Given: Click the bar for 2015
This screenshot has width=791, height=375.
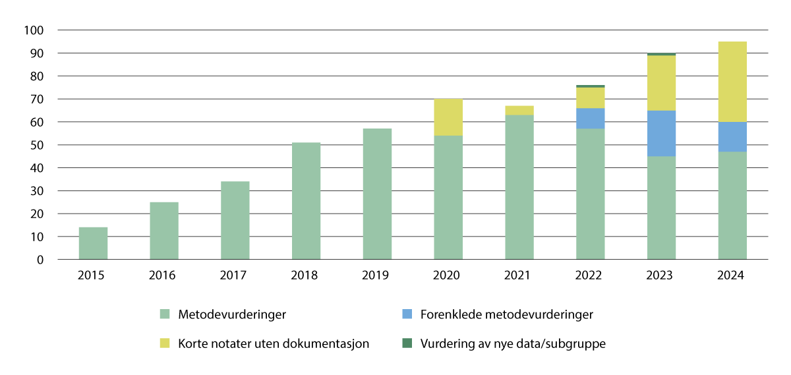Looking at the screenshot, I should tap(93, 243).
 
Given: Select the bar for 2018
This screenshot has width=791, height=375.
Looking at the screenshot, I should tap(307, 201).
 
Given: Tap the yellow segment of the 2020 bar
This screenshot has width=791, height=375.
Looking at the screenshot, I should tap(448, 117).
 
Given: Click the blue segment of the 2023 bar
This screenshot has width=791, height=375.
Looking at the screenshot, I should tap(661, 133).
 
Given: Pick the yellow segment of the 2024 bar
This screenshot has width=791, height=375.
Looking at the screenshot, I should tap(732, 82).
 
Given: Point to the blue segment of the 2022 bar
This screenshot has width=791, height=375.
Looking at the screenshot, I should tap(590, 119).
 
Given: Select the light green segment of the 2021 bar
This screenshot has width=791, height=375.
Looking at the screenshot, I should tap(519, 187).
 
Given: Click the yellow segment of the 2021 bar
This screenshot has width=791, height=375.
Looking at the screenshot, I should tap(519, 110).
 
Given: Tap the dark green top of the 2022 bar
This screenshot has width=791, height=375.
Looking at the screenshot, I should tap(590, 86).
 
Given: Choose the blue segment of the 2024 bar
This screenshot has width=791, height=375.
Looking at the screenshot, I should tap(732, 136).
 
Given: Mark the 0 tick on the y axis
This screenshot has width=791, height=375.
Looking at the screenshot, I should tap(40, 260).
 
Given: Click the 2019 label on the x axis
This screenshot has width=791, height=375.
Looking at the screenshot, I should tap(377, 275).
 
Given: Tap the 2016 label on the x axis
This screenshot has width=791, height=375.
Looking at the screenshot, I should tap(164, 275).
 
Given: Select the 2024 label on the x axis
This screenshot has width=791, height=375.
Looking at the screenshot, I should tap(732, 275).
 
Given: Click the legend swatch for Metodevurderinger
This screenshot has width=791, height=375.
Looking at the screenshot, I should tap(165, 314).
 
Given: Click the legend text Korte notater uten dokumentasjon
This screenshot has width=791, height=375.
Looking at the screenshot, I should tap(273, 343).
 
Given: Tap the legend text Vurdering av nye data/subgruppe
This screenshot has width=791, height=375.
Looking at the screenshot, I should tap(512, 343).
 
